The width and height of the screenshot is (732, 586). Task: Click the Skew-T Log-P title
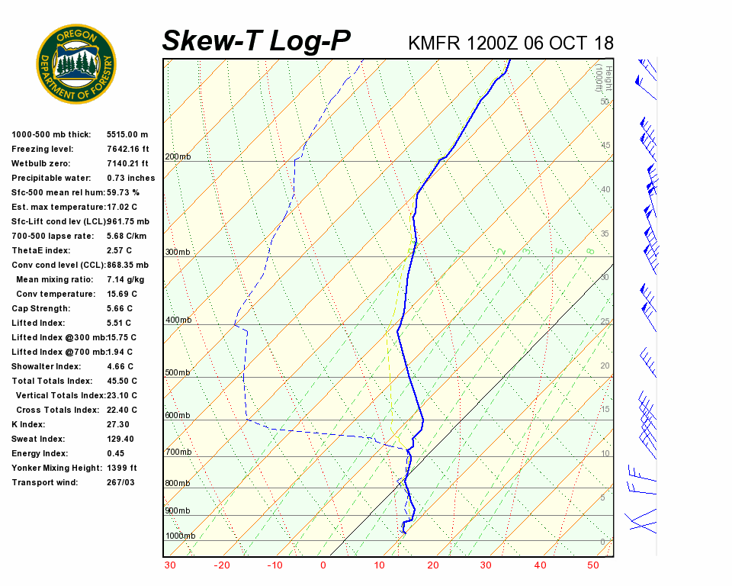[256, 41]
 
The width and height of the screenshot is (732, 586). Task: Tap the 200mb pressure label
[178, 157]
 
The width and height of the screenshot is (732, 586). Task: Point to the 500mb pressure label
[178, 373]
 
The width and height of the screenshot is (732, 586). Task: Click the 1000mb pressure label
[181, 536]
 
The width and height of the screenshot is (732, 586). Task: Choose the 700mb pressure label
[178, 452]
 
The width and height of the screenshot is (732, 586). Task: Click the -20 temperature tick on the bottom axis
[222, 565]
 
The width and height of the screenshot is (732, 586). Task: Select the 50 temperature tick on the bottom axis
[593, 565]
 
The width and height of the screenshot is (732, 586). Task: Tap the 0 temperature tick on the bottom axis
[323, 565]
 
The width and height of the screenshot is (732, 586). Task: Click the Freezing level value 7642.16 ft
[128, 150]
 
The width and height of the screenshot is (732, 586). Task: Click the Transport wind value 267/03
[121, 483]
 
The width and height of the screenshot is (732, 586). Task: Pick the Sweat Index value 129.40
[120, 439]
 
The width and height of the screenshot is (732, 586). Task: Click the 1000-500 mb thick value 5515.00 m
[127, 135]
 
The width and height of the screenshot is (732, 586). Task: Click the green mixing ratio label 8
[590, 251]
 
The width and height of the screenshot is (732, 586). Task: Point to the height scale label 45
[605, 146]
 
